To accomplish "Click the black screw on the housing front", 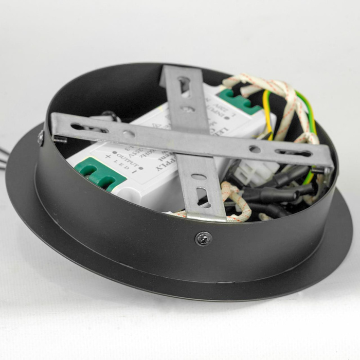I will pyautogui.click(x=204, y=239).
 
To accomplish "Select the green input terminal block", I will pyautogui.click(x=239, y=100).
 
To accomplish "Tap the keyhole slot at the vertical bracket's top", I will pyautogui.click(x=184, y=84).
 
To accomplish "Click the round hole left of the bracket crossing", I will pyautogui.click(x=129, y=134).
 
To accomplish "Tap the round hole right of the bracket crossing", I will pyautogui.click(x=255, y=149).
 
